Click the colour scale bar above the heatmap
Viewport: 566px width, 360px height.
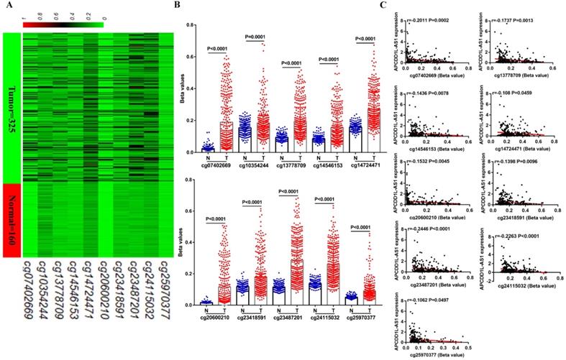pos(63,26)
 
